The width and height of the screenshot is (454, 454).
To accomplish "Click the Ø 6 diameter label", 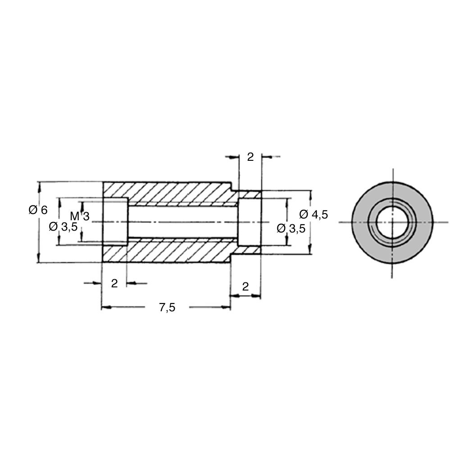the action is [38, 209].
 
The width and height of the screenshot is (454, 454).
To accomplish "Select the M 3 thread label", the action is [80, 216].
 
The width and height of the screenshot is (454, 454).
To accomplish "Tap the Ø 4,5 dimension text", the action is [314, 214].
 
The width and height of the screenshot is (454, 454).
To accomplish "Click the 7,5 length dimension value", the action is [168, 307].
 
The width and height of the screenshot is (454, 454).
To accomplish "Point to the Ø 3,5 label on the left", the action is [63, 227].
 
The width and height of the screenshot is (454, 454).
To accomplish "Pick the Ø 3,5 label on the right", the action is [291, 228].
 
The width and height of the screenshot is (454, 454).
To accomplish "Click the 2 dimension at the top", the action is [250, 157].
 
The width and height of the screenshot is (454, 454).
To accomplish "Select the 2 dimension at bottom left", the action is [114, 283].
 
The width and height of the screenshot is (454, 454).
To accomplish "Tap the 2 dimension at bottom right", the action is [245, 286].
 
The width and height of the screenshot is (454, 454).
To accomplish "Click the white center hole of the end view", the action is [392, 222].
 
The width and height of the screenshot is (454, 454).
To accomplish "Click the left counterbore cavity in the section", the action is [115, 222].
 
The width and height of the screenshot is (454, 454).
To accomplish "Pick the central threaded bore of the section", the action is [183, 222].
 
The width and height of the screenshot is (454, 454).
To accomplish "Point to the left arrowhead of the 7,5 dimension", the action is [106, 307].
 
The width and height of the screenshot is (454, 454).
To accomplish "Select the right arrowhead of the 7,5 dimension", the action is [226, 307].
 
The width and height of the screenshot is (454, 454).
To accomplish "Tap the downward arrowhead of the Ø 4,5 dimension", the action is [310, 250].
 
